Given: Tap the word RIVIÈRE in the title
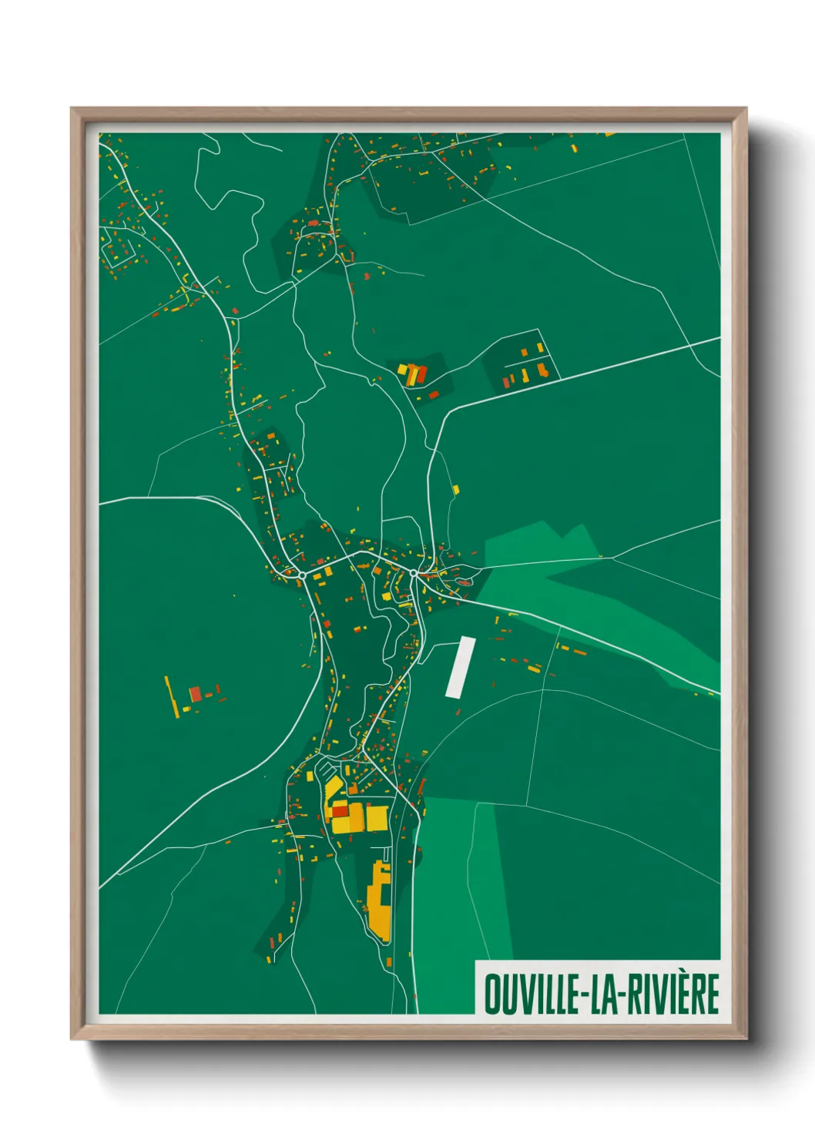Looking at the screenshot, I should [672, 994].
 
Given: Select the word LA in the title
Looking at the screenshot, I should [605, 994].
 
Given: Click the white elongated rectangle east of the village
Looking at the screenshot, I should [460, 667].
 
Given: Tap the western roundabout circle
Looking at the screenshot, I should [303, 575].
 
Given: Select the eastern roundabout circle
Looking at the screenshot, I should [414, 573].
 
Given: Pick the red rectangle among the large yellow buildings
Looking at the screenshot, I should [340, 812].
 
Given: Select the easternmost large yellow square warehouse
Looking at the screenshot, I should [376, 818].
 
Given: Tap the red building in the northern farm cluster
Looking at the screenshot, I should [421, 375].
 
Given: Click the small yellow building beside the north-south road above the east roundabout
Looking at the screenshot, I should [455, 489].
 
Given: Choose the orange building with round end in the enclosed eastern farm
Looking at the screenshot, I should [544, 371].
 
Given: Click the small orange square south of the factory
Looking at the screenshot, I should [390, 962].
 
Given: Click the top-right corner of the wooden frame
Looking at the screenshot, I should [746, 109].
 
